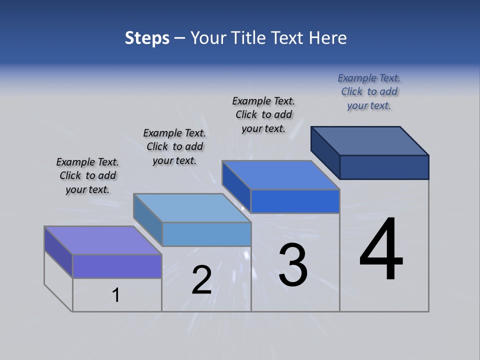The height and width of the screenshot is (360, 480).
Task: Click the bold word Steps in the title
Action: pos(147,38)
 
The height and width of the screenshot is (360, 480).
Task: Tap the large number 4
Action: pos(381,249)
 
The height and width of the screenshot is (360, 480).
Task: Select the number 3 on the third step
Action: pos(293,265)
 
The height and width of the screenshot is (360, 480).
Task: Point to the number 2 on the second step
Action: pos(201,280)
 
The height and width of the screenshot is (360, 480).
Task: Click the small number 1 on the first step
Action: pos(115,295)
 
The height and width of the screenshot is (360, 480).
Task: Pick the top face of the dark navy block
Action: pos(370,140)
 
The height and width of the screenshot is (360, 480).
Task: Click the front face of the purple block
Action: pos(117,266)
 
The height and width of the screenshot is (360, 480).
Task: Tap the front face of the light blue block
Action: pos(206,234)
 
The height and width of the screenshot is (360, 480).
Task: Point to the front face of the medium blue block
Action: pos(295,201)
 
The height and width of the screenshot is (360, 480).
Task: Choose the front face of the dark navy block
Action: pos(384,167)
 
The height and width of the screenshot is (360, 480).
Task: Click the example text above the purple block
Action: pos(87,175)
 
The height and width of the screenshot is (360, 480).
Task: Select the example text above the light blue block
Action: pos(174,146)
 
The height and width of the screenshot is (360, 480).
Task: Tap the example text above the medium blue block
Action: pos(263,114)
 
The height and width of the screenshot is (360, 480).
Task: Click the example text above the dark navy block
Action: pos(369,91)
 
